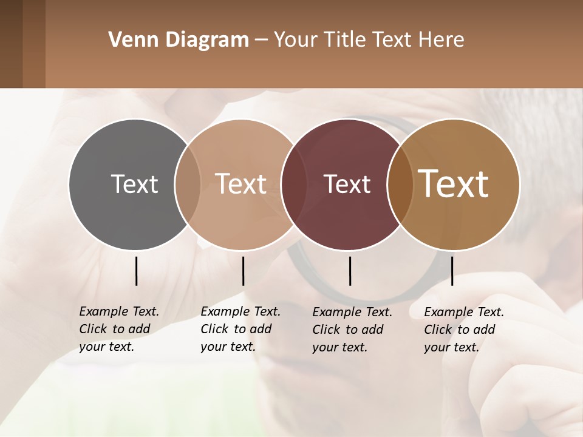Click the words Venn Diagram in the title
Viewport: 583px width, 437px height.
tap(179, 40)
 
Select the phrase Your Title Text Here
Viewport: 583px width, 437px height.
tap(369, 40)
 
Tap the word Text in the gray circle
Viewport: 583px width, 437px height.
tap(134, 184)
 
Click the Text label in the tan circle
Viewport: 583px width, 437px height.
tap(241, 184)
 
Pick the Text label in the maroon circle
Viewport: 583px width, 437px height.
tap(347, 185)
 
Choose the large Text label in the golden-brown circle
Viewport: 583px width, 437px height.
tap(454, 184)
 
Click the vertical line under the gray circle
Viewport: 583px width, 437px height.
tap(136, 271)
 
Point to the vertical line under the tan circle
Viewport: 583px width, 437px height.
tap(243, 271)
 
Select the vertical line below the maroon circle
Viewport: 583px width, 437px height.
tap(350, 271)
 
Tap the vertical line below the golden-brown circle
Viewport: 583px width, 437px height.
tap(452, 271)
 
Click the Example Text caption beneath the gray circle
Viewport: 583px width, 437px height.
tap(119, 329)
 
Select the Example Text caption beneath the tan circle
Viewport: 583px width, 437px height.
tap(240, 329)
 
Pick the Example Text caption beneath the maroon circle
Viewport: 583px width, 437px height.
tap(352, 330)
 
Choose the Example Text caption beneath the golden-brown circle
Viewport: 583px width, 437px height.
tap(464, 330)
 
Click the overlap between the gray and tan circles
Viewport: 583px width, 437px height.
tap(188, 184)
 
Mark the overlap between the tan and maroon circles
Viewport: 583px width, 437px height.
tap(290, 184)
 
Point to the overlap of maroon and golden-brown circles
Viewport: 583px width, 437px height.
tap(397, 184)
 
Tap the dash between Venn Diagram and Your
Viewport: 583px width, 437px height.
tap(261, 41)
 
